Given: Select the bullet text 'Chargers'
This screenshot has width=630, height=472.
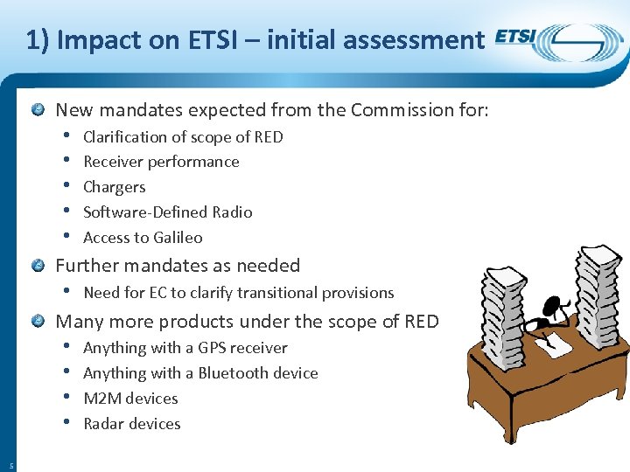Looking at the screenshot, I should coord(114,187).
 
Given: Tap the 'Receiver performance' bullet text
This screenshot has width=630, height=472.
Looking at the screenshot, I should coord(161,162).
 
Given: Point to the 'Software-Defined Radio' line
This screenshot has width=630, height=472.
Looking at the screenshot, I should coord(167,212).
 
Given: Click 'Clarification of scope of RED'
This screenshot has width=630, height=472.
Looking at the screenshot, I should coord(183,137).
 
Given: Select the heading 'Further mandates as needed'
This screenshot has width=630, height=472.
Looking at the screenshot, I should coord(178,266).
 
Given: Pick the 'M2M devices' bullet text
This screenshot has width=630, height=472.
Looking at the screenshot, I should coord(130,399).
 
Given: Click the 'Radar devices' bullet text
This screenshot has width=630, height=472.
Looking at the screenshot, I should coord(131,424).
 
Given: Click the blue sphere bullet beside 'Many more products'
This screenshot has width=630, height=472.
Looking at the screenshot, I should coord(38,322).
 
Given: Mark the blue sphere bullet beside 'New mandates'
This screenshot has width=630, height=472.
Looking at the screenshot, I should coord(38,110).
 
